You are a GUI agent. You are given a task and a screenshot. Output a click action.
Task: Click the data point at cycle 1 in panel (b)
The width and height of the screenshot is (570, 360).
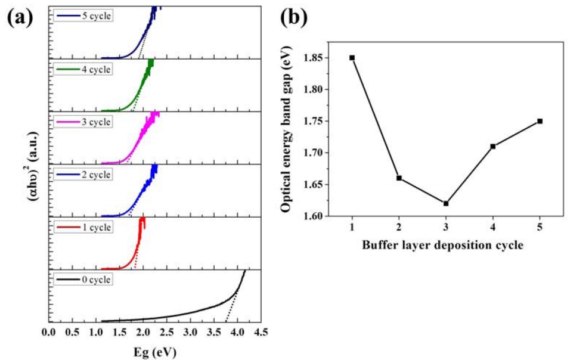click(x=352, y=58)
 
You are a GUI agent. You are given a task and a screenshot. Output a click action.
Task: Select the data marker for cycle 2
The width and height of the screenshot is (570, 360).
click(x=399, y=178)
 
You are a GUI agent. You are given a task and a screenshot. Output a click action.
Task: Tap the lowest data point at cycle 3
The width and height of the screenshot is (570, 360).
click(x=445, y=203)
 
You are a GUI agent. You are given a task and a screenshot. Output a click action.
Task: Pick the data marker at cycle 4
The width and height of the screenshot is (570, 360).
click(x=493, y=146)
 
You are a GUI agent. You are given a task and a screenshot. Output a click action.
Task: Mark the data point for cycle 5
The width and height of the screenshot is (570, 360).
click(x=540, y=121)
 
